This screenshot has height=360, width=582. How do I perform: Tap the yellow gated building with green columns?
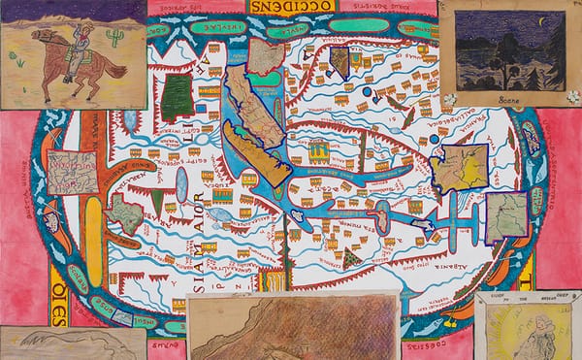318,149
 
